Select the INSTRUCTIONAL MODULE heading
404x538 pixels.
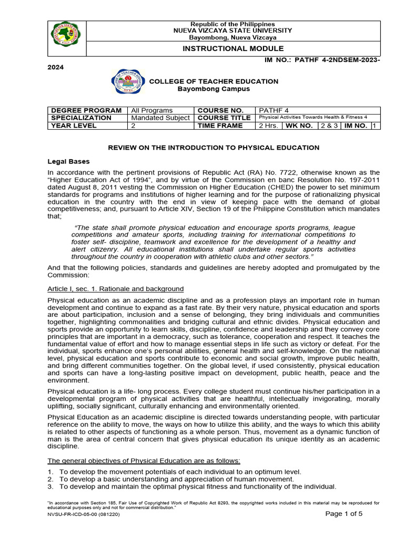tap(233, 48)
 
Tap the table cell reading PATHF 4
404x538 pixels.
tap(271, 110)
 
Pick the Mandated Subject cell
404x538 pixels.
tap(160, 118)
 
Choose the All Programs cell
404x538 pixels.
tap(151, 110)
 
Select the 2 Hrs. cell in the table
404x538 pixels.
tap(268, 126)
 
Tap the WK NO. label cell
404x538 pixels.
tap(299, 126)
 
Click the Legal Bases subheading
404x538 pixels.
tap(68, 161)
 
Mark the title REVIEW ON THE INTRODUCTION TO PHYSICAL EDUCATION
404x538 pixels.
tap(214, 148)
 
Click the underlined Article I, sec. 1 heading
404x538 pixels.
tap(116, 289)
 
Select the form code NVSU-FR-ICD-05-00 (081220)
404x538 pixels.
tap(83, 515)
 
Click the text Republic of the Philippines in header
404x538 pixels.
tap(233, 24)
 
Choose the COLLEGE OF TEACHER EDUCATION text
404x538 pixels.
tap(214, 81)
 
